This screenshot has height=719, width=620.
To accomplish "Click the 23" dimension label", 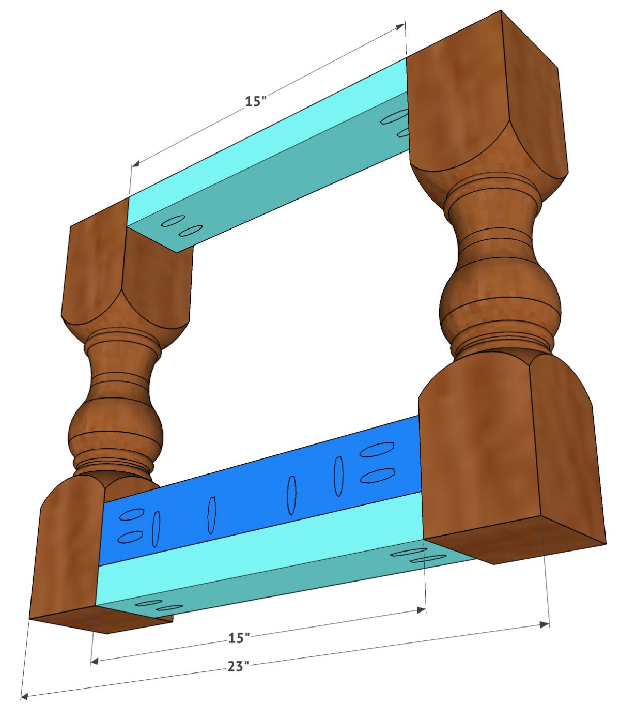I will [x=238, y=666].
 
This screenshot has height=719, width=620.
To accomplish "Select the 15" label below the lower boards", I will [x=239, y=638].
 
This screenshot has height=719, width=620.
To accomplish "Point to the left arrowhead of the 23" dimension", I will [x=24, y=697].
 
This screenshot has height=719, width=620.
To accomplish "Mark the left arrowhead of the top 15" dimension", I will [x=135, y=164].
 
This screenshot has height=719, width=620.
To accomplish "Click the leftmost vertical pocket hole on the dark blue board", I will [x=156, y=528].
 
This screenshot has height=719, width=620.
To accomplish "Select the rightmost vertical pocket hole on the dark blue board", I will [x=338, y=476].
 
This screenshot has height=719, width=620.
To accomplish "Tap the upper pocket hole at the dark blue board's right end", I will [x=377, y=449].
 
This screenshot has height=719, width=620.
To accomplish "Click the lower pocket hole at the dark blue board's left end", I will [x=130, y=537].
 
